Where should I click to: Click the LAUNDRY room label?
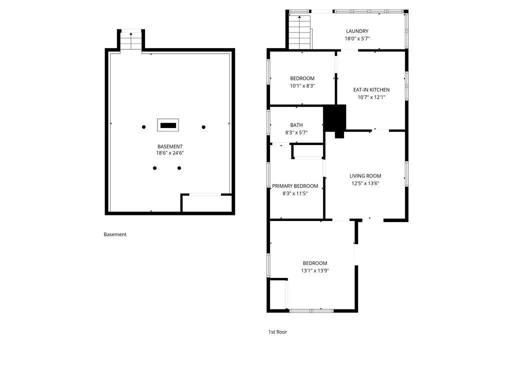357,31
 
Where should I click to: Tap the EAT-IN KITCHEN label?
371,90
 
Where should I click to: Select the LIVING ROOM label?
365,176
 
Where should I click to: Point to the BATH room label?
296,125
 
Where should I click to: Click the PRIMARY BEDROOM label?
295,186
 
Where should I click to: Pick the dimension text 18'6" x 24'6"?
170,153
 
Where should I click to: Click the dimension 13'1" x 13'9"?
315,270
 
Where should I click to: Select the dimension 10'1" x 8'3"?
302,86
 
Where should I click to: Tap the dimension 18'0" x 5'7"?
357,38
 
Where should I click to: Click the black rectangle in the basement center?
168,125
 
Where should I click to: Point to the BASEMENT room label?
170,146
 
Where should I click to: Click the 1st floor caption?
277,332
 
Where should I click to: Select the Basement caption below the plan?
115,234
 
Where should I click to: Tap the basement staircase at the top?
131,40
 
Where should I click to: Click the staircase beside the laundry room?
299,32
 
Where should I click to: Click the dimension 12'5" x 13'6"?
365,183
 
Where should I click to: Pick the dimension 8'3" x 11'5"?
295,193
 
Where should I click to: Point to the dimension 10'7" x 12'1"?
371,97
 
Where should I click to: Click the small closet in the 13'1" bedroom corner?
278,294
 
